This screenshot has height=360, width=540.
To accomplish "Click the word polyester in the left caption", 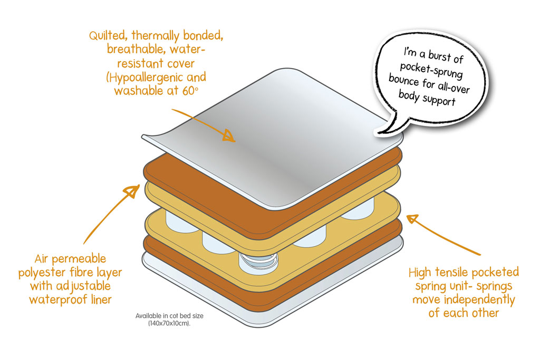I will (x=56, y=273).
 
